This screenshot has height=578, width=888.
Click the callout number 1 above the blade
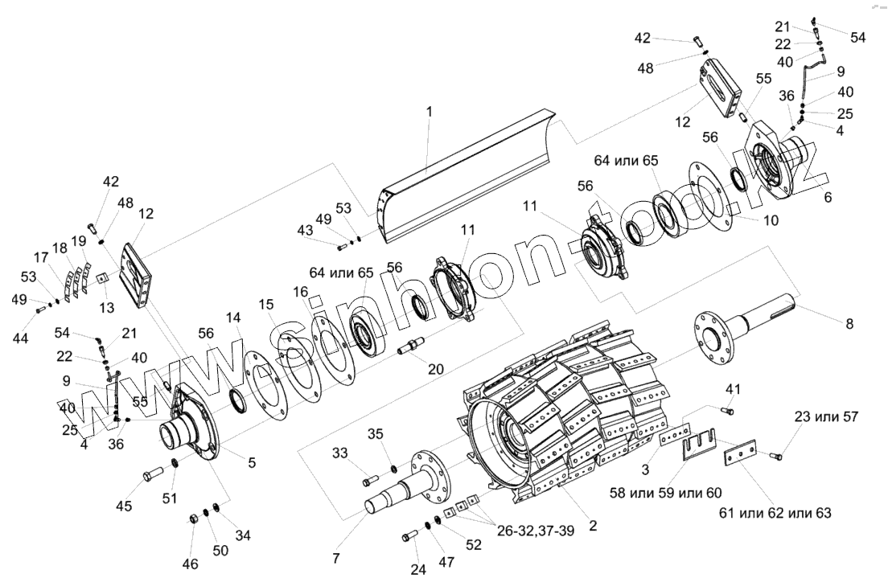pyautogui.click(x=429, y=112)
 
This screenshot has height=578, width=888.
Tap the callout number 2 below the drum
pyautogui.click(x=593, y=527)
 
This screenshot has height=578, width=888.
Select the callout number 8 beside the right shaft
pyautogui.click(x=849, y=324)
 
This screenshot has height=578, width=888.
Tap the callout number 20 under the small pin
pyautogui.click(x=435, y=369)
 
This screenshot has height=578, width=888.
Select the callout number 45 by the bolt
pyautogui.click(x=125, y=506)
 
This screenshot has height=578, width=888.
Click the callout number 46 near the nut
pyautogui.click(x=190, y=564)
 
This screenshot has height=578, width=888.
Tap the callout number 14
pyautogui.click(x=233, y=318)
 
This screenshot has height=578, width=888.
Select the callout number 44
pyautogui.click(x=20, y=338)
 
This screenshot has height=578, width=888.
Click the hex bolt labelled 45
pyautogui.click(x=153, y=476)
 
